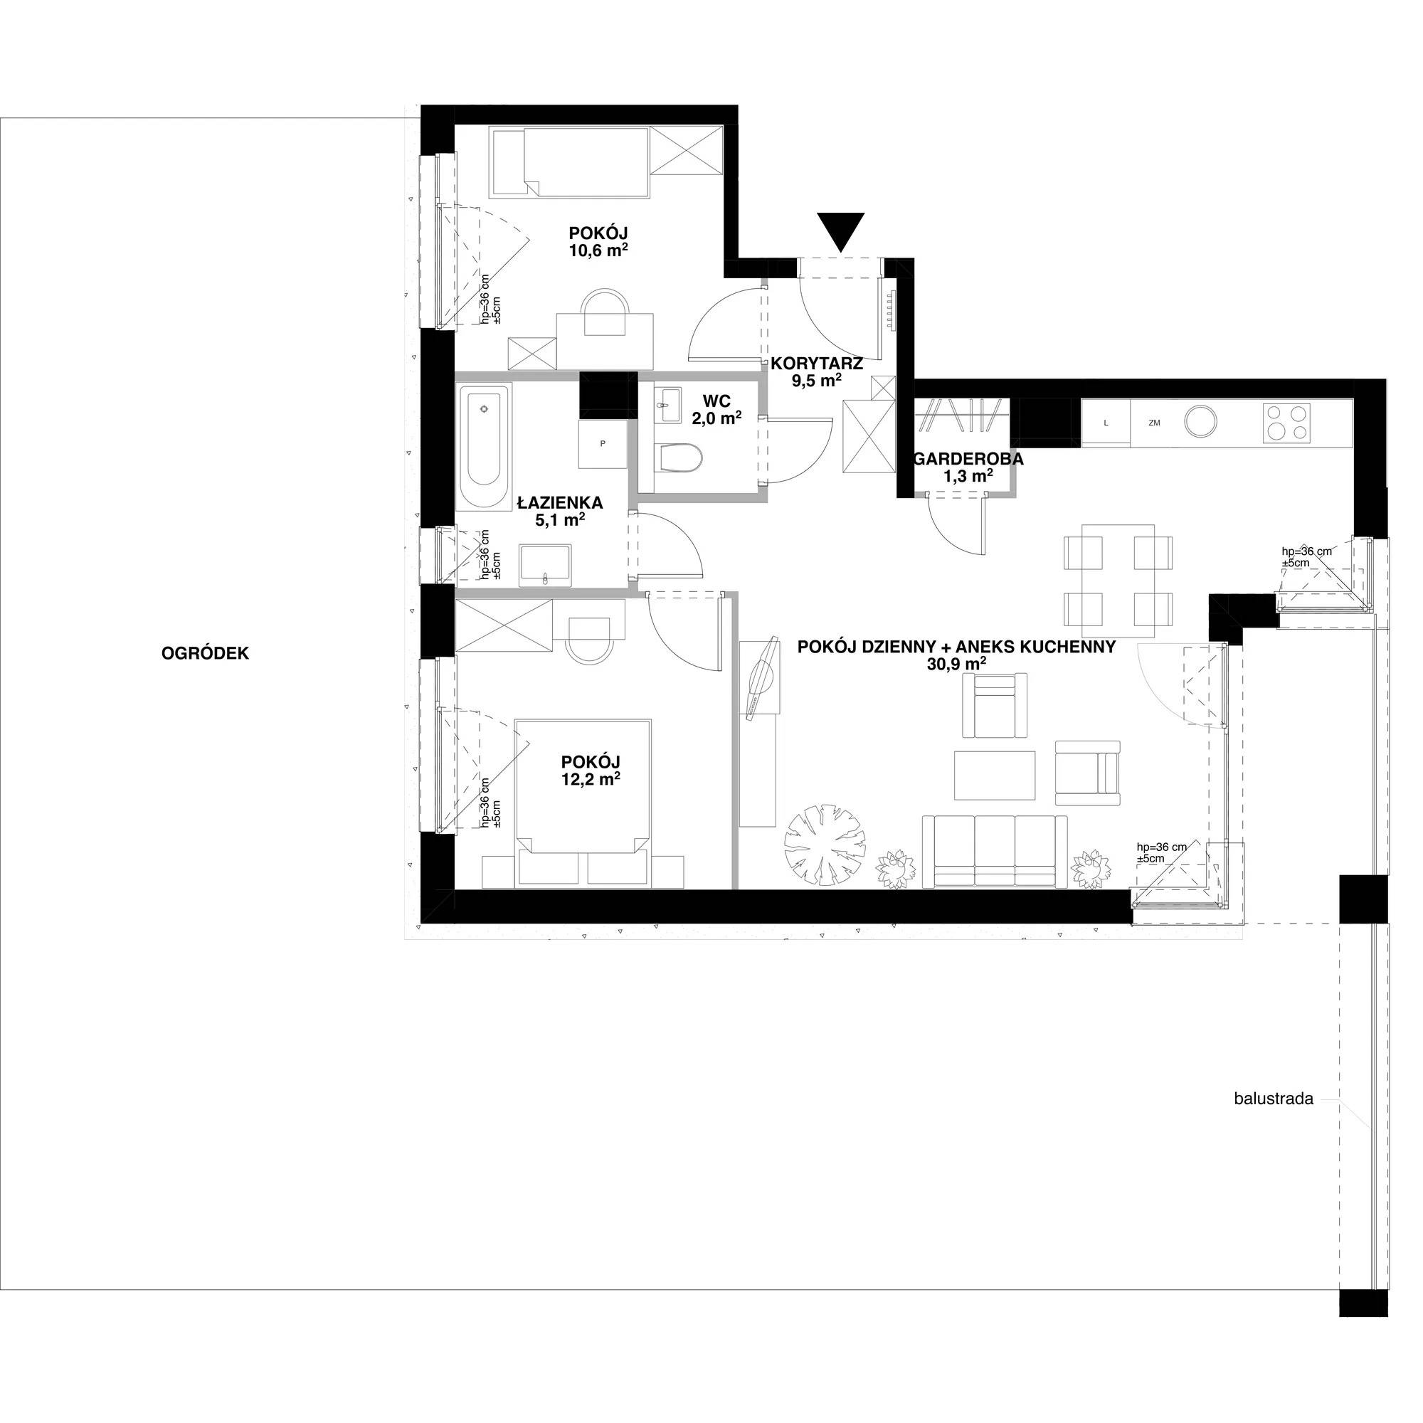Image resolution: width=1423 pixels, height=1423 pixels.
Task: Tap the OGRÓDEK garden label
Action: (206, 653)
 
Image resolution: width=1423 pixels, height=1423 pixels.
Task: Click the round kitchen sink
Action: (1200, 423)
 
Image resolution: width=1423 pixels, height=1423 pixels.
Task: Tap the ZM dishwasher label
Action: (1154, 423)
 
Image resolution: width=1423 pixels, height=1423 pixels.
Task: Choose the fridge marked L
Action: (1106, 423)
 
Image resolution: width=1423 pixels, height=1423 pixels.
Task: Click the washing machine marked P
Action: (603, 443)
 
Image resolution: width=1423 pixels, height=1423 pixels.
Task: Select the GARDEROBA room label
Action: (968, 459)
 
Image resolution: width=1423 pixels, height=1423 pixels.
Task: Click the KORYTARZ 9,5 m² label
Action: (817, 371)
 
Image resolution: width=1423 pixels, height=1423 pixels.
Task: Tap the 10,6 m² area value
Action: (598, 250)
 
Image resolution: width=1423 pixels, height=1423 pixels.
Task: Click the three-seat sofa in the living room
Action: (995, 851)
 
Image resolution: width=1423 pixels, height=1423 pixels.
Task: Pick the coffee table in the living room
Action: (995, 775)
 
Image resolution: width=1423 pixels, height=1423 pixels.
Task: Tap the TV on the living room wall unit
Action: (761, 678)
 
